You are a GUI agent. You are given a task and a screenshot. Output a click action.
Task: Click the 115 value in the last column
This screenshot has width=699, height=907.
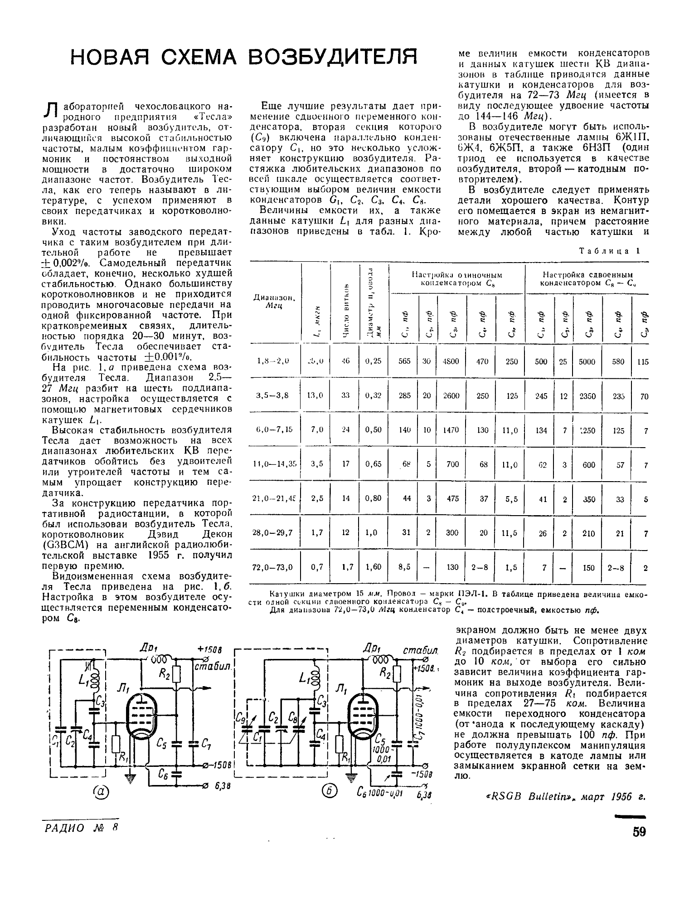point(642,362)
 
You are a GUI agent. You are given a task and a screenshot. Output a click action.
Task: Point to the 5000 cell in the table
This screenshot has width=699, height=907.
point(587,361)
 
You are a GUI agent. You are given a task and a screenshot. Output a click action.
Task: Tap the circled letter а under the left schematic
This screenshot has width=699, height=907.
point(101,793)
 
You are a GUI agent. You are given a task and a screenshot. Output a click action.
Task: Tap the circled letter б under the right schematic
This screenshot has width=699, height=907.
point(326,793)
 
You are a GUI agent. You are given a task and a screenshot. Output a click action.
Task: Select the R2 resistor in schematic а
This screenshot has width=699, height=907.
point(177,678)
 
